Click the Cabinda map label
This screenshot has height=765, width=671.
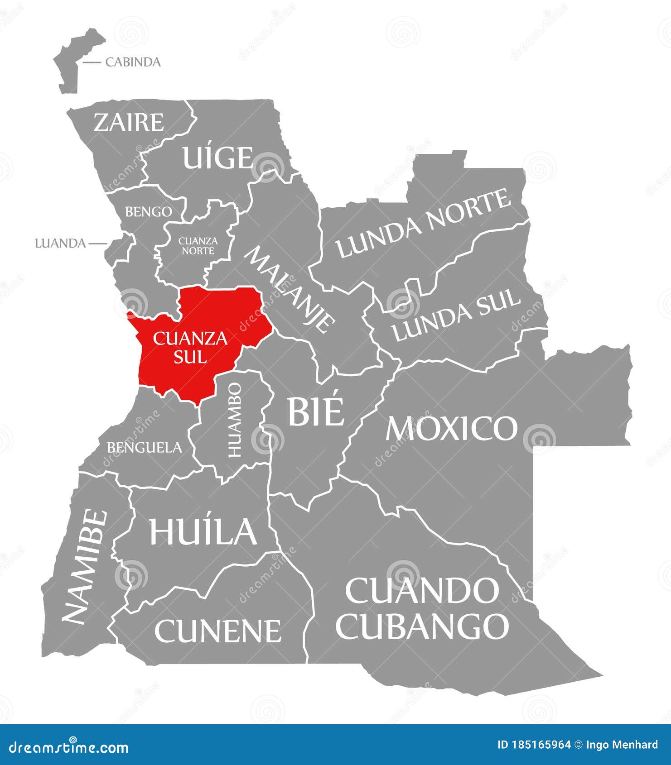[133, 62]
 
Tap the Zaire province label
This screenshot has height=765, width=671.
[129, 122]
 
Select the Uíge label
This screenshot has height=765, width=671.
[217, 158]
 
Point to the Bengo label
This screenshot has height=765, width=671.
[148, 211]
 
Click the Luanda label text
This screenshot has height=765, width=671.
[60, 244]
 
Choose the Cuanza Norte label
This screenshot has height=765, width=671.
[198, 245]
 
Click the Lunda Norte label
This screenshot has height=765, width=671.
[424, 224]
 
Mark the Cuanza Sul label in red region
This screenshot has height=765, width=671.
[190, 347]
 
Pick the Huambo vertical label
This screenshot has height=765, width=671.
[234, 420]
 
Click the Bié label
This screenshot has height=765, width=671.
[316, 411]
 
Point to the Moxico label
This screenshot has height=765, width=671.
[451, 428]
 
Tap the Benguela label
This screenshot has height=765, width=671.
[144, 448]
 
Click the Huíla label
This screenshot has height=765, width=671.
[203, 531]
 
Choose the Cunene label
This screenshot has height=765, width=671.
[217, 631]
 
